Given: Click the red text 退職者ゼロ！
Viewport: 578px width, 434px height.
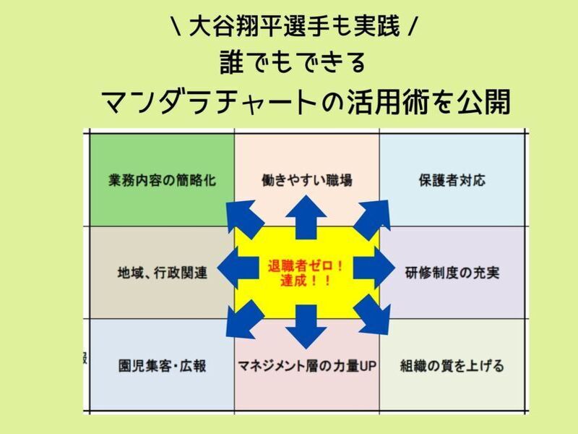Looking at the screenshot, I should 307,265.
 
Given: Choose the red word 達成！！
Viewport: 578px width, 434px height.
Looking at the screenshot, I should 307,281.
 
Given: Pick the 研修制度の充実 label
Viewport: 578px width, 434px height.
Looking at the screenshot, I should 452,273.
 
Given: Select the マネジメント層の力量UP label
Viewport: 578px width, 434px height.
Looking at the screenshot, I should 307,366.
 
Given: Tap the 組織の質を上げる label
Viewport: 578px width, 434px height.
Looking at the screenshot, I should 452,366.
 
